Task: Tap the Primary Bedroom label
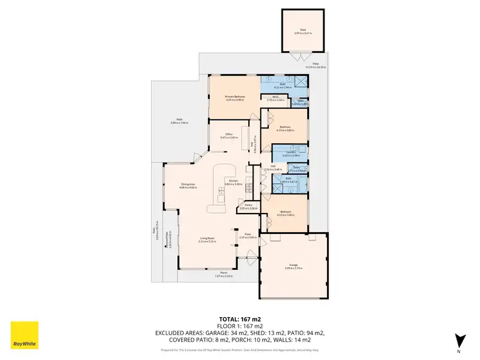pos(236,96)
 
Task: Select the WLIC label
pos(271,98)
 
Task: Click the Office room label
pos(228,134)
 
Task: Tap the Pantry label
pos(248,205)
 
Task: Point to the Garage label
pos(293,263)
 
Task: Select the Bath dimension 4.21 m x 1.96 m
pos(283,88)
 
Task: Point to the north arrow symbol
pos(457,338)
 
